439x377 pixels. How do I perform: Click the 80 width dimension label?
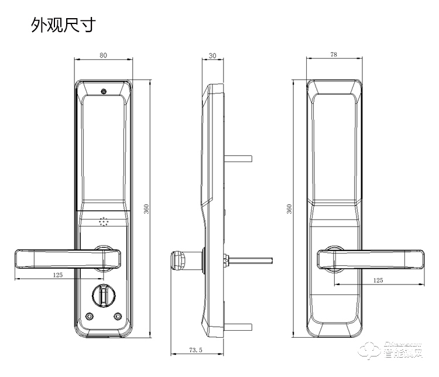coord(103,56)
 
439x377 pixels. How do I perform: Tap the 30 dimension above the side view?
coord(212,56)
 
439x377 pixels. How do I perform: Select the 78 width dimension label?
coord(334,54)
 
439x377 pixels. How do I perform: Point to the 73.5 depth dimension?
coord(196,350)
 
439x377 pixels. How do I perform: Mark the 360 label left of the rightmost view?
coord(289,209)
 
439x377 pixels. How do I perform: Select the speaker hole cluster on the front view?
coord(104,222)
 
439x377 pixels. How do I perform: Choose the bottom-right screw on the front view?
coord(118,316)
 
